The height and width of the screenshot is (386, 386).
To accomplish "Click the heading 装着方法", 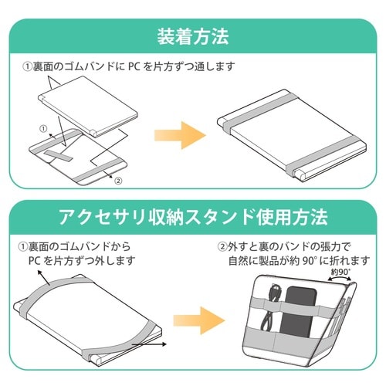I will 192,36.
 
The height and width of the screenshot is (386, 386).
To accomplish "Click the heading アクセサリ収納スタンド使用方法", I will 192,216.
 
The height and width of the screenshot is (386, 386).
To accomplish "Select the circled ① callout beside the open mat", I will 43,126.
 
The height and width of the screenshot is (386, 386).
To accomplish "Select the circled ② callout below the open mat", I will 117,181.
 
